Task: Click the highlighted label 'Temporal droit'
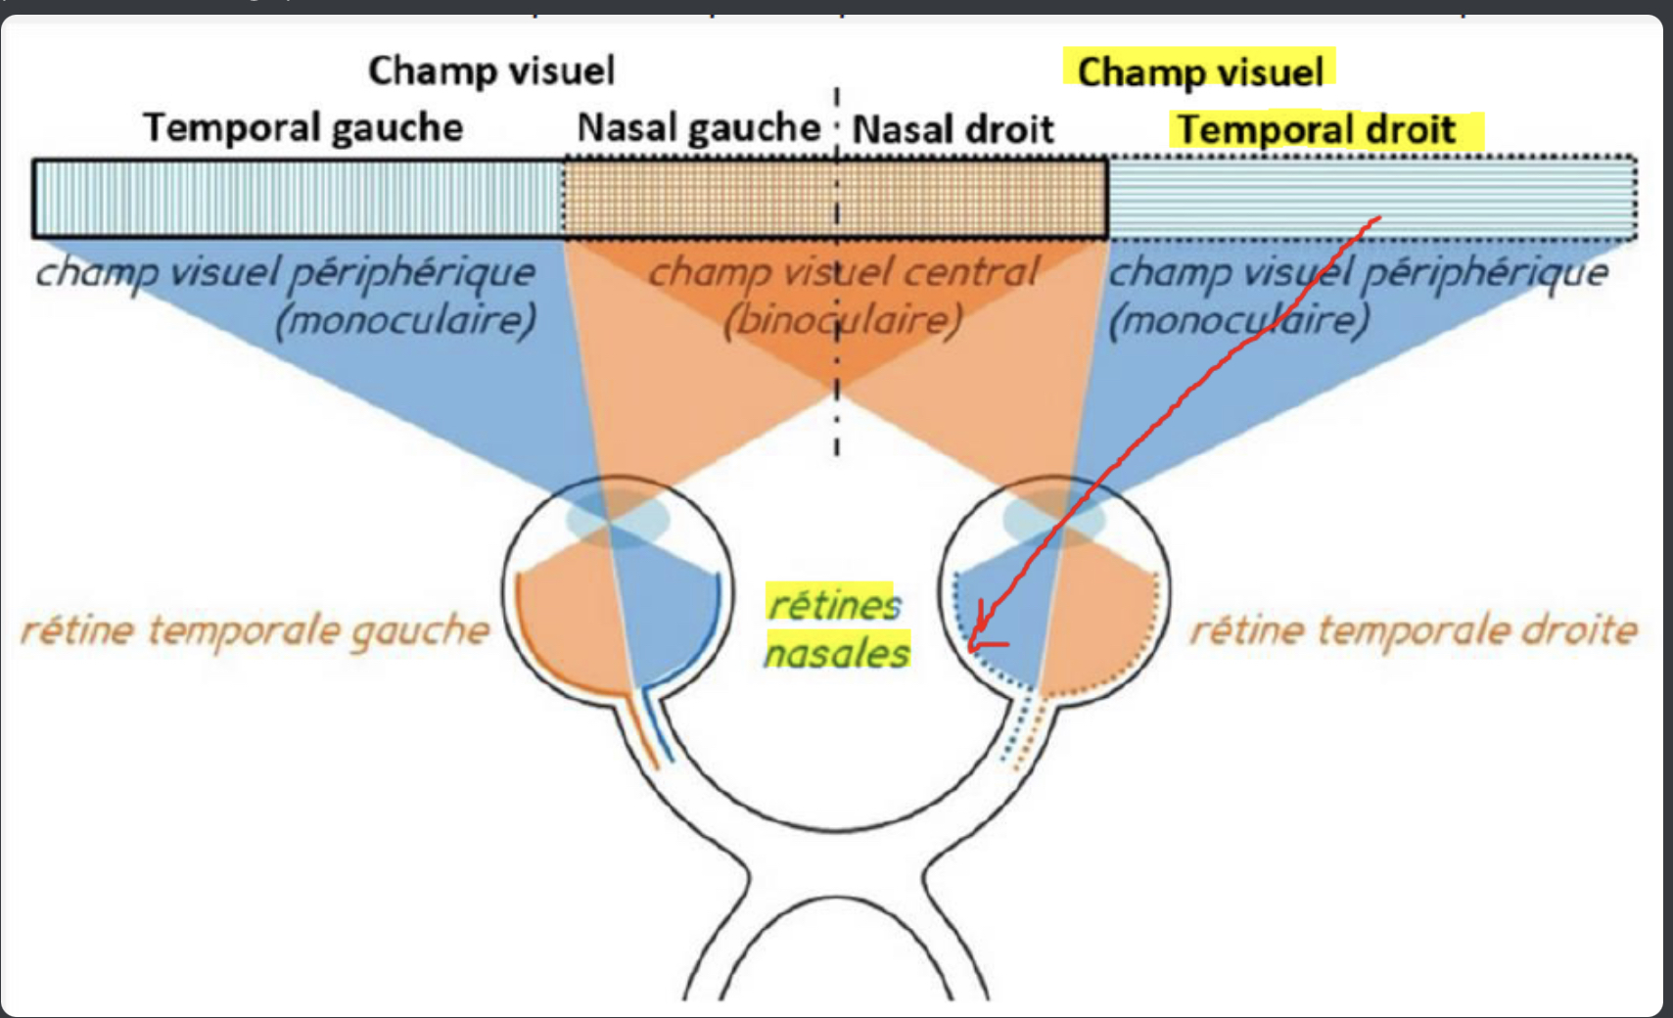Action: tap(1317, 129)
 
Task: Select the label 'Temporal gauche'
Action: tap(303, 127)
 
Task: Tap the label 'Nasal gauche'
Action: tap(698, 127)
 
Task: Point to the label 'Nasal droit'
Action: tap(953, 129)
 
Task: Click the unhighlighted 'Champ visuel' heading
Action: tap(491, 70)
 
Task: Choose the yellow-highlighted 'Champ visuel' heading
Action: tap(1200, 71)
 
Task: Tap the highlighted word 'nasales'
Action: tap(837, 652)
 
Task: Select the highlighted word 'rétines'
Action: tap(834, 605)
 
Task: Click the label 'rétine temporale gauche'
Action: tap(255, 630)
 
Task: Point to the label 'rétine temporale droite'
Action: tap(1413, 630)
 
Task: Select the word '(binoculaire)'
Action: tap(842, 320)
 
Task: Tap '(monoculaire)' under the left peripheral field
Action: tap(405, 320)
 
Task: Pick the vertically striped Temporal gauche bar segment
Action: tap(298, 199)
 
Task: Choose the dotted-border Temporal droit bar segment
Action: tap(1371, 199)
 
